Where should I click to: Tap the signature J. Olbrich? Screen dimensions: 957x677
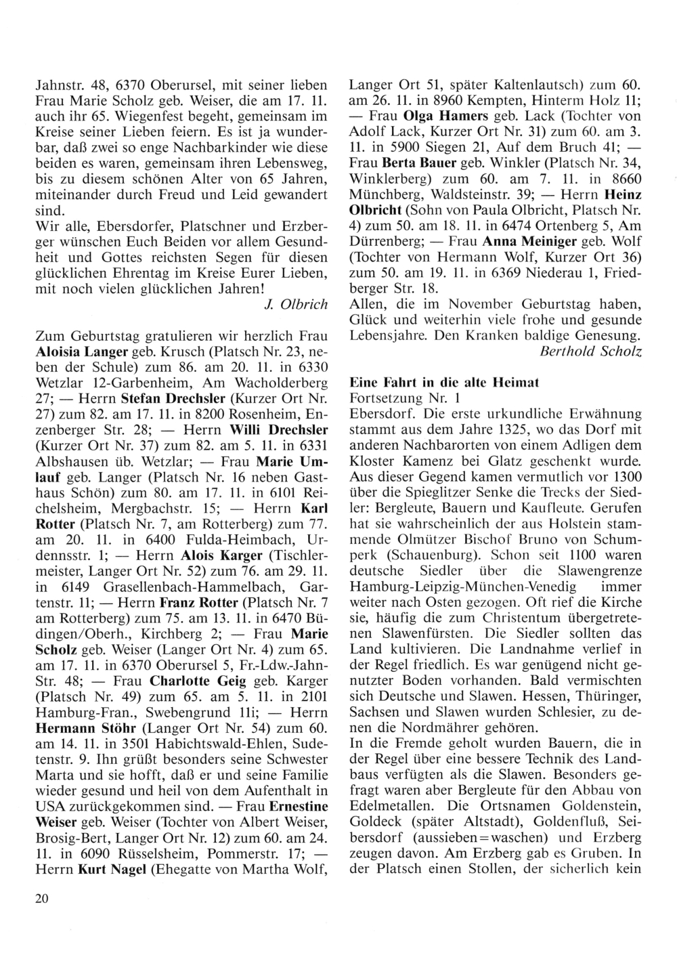[294, 303]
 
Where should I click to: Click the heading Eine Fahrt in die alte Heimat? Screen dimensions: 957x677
[443, 383]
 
